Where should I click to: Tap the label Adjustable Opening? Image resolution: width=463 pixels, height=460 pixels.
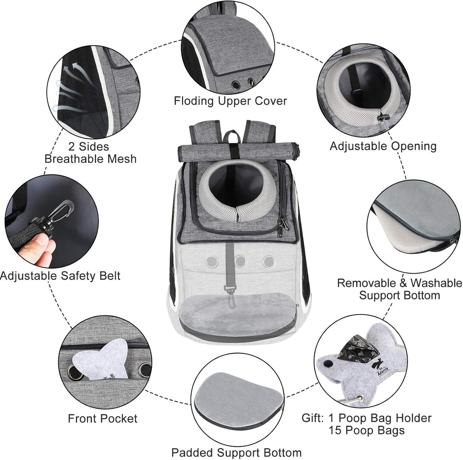383,146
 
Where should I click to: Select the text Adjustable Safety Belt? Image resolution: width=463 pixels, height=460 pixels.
60,276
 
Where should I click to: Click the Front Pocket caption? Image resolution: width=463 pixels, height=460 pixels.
103,418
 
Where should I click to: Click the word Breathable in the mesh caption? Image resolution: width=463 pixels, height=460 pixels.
90,159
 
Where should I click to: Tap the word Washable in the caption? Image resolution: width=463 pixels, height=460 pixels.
436,283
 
